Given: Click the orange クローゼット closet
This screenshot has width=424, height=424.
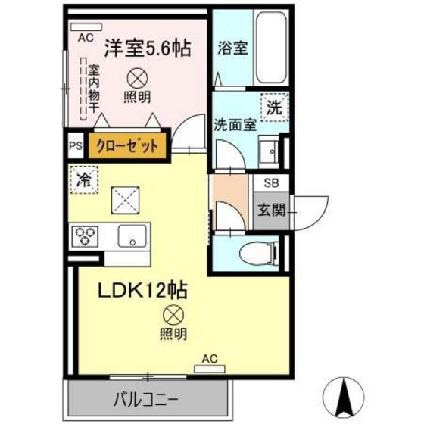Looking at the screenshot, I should (126, 145).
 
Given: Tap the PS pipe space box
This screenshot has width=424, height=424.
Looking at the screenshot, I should (76, 145).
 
